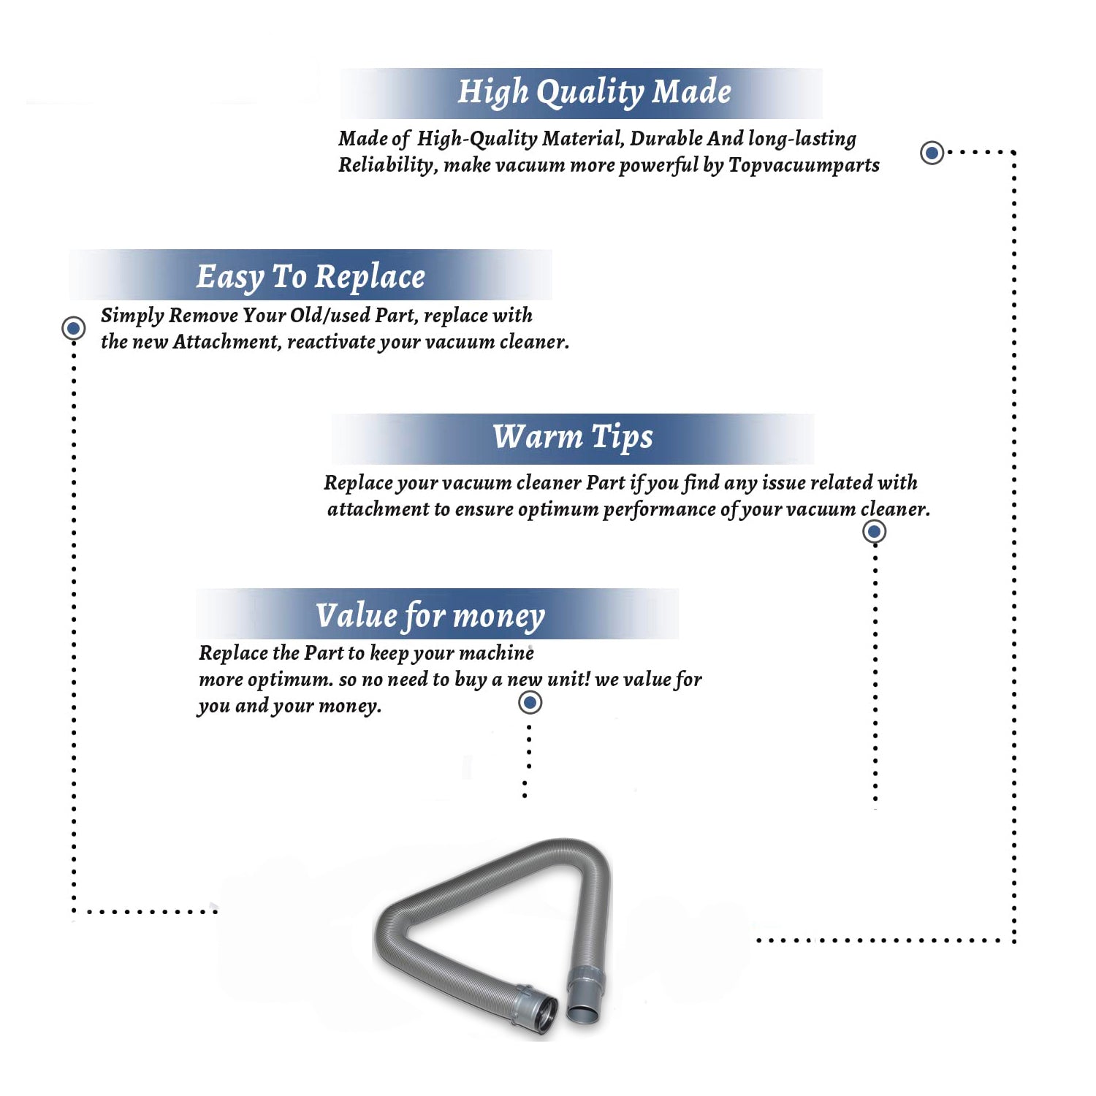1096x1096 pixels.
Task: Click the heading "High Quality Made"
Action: (x=594, y=93)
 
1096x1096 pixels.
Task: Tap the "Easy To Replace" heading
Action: (x=311, y=277)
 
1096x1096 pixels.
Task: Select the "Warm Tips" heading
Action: (x=573, y=438)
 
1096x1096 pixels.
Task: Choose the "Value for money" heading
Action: (x=430, y=616)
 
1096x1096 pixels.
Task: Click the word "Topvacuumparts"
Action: (x=804, y=166)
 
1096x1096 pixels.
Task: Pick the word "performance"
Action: (x=659, y=510)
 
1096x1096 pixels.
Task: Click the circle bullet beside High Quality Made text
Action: (x=932, y=153)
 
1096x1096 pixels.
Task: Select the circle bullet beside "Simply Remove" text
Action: (x=73, y=328)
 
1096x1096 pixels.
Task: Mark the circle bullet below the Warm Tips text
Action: (x=875, y=531)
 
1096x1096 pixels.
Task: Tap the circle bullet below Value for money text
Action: (x=530, y=703)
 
